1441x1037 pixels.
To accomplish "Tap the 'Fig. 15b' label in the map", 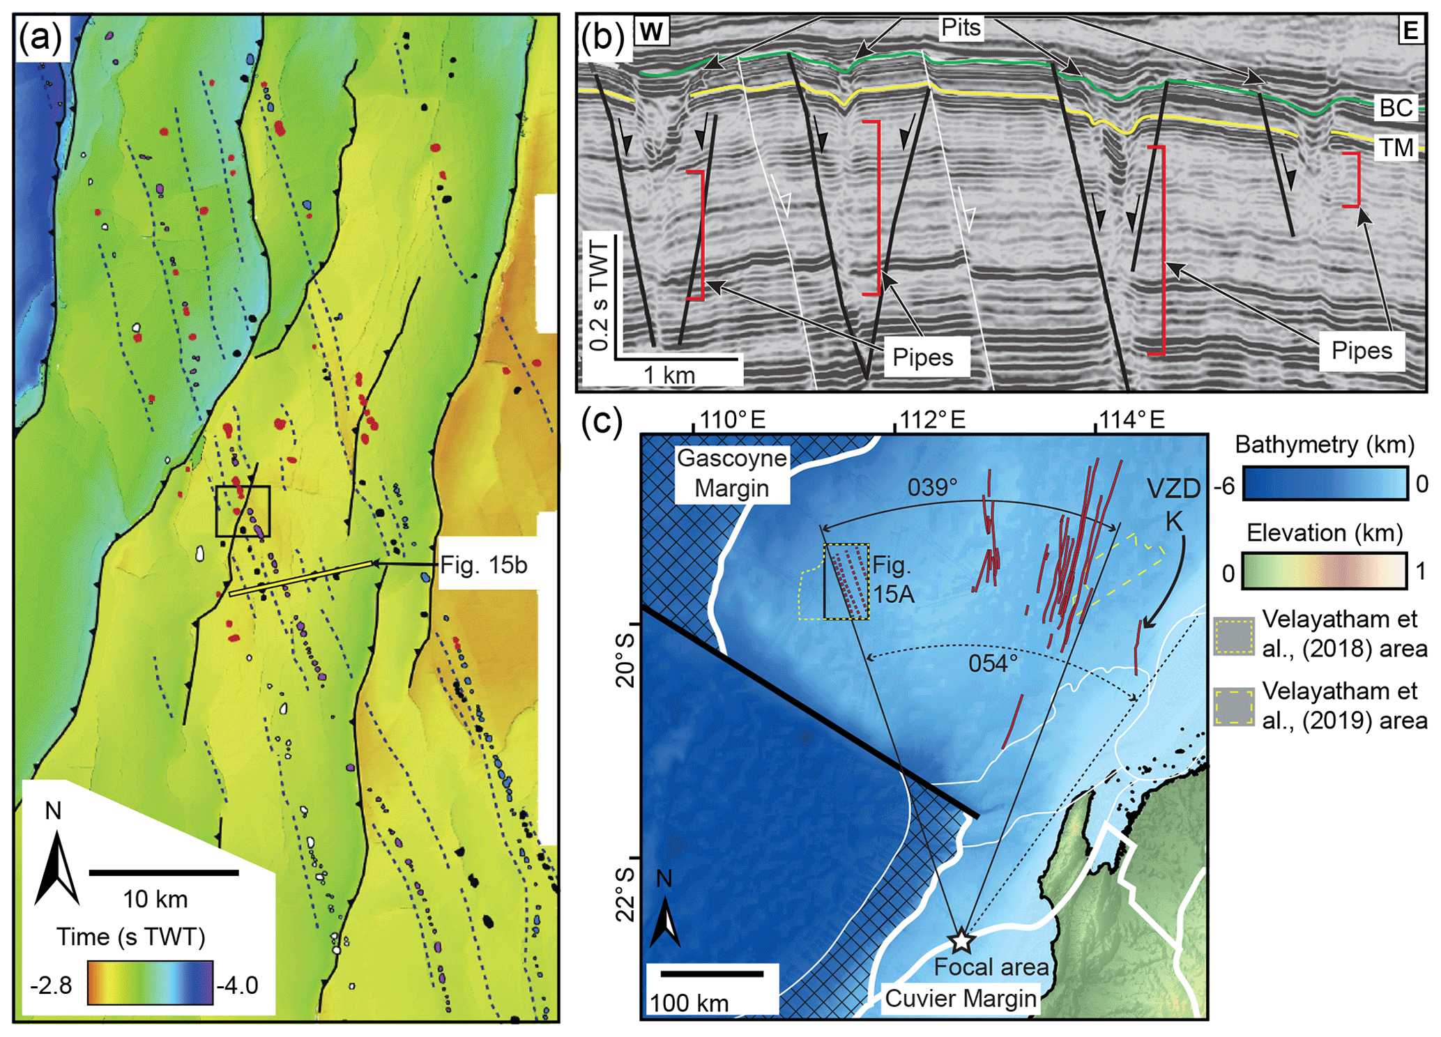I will point(483,564).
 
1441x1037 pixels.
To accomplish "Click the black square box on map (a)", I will point(243,511).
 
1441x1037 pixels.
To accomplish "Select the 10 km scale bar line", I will point(164,872).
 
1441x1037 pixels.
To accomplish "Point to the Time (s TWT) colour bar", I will point(150,983).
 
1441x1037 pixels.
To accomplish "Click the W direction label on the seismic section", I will point(651,32).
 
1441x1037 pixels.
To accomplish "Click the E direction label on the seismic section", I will point(1410,31).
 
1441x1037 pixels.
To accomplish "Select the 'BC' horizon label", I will point(1395,108).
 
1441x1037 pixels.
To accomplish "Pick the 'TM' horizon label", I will point(1395,148).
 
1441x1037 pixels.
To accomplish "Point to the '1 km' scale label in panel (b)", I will point(669,375).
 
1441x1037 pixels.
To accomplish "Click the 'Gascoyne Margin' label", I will point(731,473).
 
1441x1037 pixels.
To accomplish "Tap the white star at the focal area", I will point(961,940).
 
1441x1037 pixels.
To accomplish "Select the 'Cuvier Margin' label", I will point(960,998).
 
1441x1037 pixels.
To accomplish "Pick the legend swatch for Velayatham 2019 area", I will point(1234,707).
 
